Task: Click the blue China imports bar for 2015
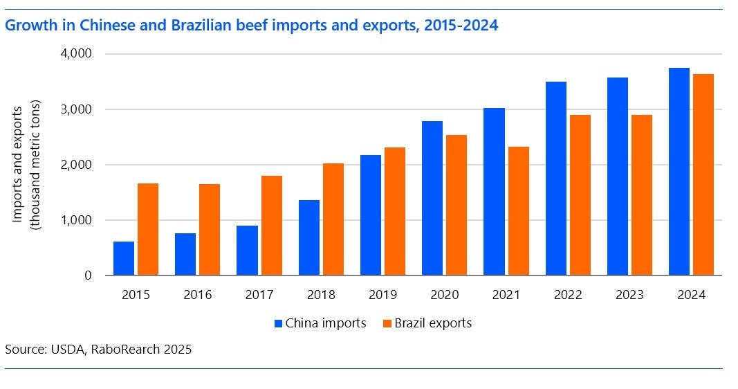pos(124,258)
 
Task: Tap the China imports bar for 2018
pos(309,237)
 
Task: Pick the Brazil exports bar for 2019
pos(395,211)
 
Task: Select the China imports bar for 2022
pos(555,179)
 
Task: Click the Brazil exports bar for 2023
pos(641,194)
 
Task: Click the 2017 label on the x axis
pos(259,295)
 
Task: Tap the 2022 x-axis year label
pos(567,295)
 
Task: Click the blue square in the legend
pos(278,323)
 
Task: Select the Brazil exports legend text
pos(433,323)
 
